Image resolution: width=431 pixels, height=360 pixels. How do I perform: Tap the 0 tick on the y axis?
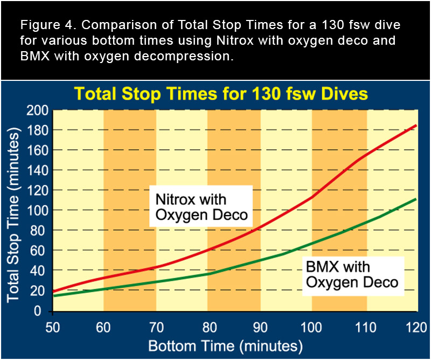click(x=44, y=311)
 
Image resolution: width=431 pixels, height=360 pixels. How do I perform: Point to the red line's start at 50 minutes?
click(x=53, y=292)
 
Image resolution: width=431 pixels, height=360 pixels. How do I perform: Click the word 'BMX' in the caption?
click(x=34, y=57)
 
